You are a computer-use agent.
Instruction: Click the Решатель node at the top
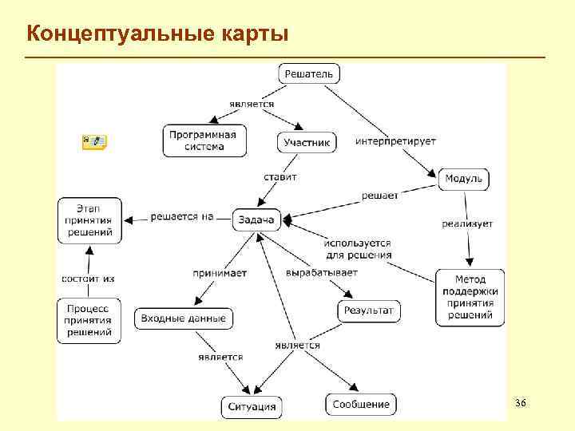point(310,74)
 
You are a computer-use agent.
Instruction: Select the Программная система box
point(203,140)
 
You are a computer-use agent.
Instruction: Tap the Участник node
point(307,143)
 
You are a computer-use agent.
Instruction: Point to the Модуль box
point(463,178)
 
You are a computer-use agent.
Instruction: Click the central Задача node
point(256,219)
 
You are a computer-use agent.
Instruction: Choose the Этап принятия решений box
point(90,221)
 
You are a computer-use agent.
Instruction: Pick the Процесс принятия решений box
point(89,320)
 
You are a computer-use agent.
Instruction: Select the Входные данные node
point(184,318)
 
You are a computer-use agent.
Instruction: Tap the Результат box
point(369,310)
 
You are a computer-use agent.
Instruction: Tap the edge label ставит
point(280,177)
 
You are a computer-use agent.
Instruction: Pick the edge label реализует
point(467,223)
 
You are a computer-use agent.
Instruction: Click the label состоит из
point(88,279)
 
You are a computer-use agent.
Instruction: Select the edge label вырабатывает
point(322,272)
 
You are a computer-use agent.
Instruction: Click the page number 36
point(521,403)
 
